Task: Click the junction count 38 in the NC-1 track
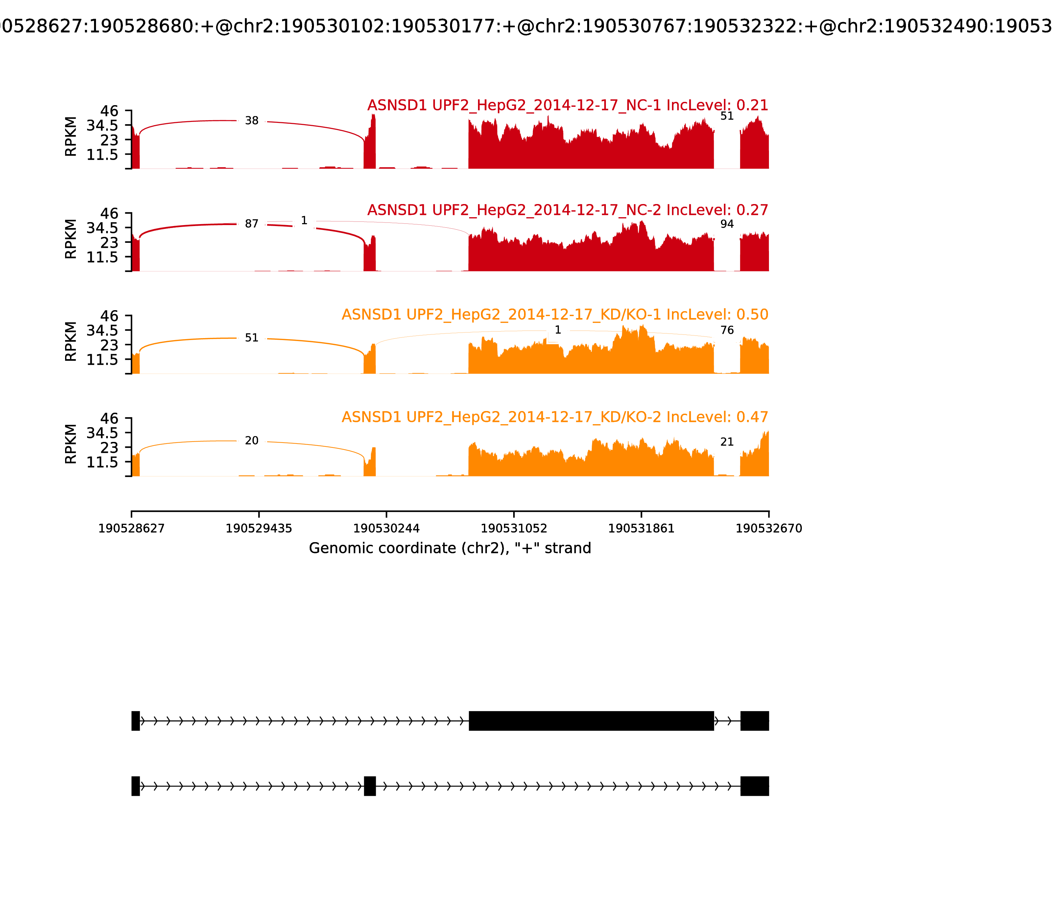[x=252, y=121]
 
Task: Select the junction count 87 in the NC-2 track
[x=252, y=224]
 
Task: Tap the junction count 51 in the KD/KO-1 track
[x=252, y=338]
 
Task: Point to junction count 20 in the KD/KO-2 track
[x=252, y=441]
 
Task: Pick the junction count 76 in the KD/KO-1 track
[x=727, y=330]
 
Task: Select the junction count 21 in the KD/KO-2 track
[x=727, y=442]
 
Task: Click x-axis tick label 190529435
[x=259, y=528]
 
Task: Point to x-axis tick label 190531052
[x=514, y=528]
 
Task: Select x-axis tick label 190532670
[x=769, y=528]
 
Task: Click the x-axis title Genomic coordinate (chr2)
[x=450, y=548]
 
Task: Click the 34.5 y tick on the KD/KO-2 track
[x=102, y=433]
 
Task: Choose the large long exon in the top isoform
[x=591, y=721]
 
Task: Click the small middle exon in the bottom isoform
[x=370, y=786]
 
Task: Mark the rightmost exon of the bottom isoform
[x=754, y=786]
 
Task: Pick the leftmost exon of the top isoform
[x=135, y=721]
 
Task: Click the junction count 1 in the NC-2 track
[x=304, y=221]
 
